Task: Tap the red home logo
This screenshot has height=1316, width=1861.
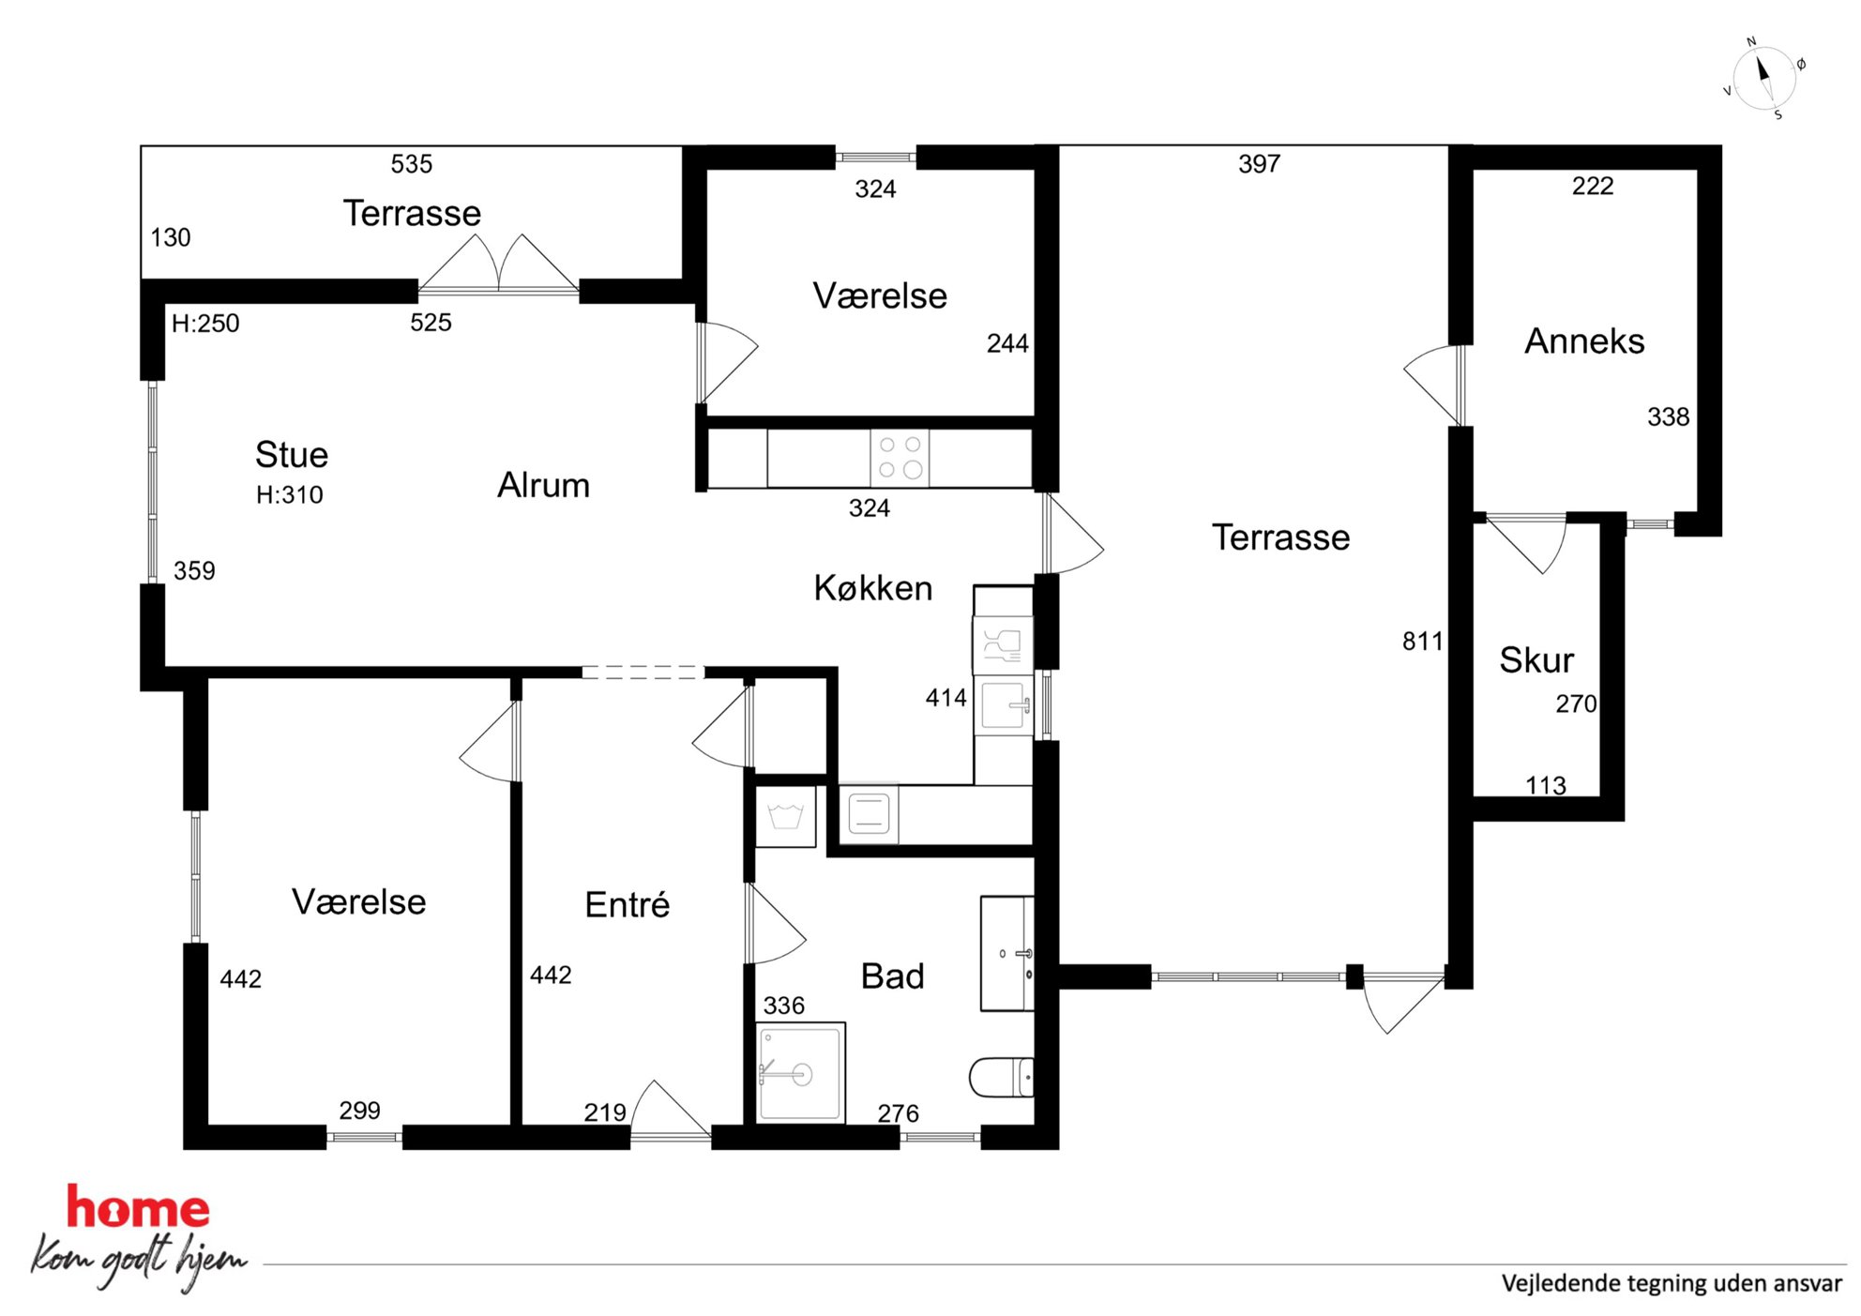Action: coord(138,1207)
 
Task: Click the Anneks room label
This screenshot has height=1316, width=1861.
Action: coord(1584,340)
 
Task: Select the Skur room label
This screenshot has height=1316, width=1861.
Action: coord(1536,659)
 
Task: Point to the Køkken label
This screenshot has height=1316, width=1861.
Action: coord(872,588)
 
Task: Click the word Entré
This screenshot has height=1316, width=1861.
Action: coord(627,904)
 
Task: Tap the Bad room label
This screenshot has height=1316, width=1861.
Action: coord(892,976)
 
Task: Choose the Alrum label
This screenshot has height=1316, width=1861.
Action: coord(543,485)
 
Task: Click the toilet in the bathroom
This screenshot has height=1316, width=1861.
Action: coord(1001,1077)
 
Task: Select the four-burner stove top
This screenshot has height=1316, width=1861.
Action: coord(900,458)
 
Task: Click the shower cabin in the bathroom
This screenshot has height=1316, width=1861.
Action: coord(801,1072)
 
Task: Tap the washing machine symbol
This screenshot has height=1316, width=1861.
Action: coord(785,816)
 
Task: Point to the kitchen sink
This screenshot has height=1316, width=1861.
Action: coord(1003,705)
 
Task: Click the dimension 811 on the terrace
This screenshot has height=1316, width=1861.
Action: coord(1422,642)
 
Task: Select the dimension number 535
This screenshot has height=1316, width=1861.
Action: coord(412,164)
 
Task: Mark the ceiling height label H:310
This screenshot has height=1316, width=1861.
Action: coord(290,494)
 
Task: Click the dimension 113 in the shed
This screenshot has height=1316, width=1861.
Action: coord(1546,785)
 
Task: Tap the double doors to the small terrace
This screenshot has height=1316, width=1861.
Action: coord(498,265)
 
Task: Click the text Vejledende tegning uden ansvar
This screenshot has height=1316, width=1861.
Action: coord(1672,1283)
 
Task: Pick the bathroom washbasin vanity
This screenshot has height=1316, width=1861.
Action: coord(1006,953)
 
